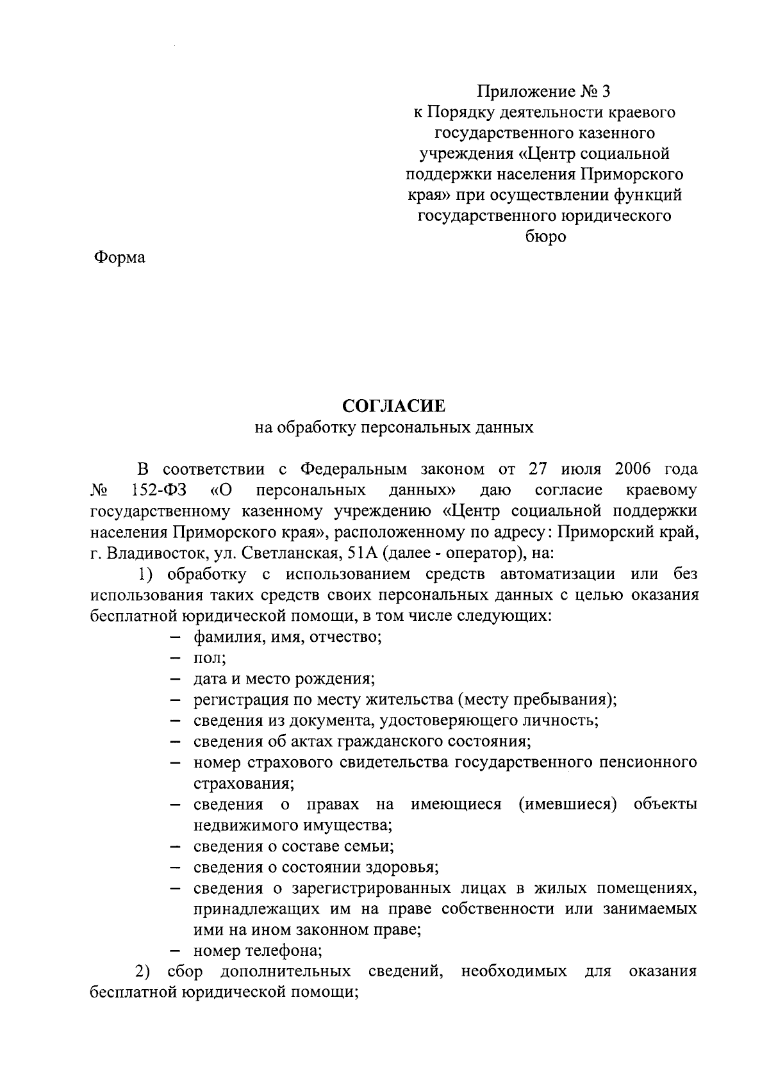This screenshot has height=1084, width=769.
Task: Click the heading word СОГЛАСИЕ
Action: [393, 406]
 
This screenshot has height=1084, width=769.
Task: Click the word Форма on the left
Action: [120, 258]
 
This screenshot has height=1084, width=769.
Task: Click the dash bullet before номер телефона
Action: [178, 951]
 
